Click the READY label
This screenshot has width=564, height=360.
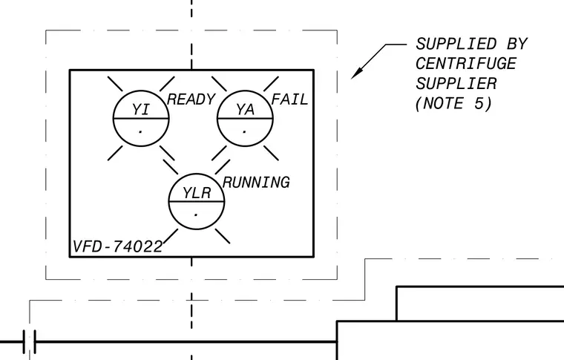pos(191,99)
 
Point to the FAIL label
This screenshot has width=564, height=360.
pos(289,99)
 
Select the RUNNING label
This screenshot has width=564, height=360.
pos(256,183)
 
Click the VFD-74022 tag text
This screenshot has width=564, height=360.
pos(117,246)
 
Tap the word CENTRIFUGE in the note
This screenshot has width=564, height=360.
pos(466,64)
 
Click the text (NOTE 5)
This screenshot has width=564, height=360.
pos(453,104)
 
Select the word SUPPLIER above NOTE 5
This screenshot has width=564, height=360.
pos(456,84)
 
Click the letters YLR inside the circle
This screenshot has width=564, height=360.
pos(197,193)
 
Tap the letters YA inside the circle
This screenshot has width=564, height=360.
pos(245,110)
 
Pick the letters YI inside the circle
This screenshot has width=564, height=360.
pos(140,109)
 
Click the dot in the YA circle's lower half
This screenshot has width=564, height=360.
pos(245,132)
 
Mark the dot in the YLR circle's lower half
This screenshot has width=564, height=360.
pos(196,215)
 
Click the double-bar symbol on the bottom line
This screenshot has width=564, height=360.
pos(30,341)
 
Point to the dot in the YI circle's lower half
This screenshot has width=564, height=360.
pos(140,132)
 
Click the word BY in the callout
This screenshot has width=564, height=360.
pos(517,45)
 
